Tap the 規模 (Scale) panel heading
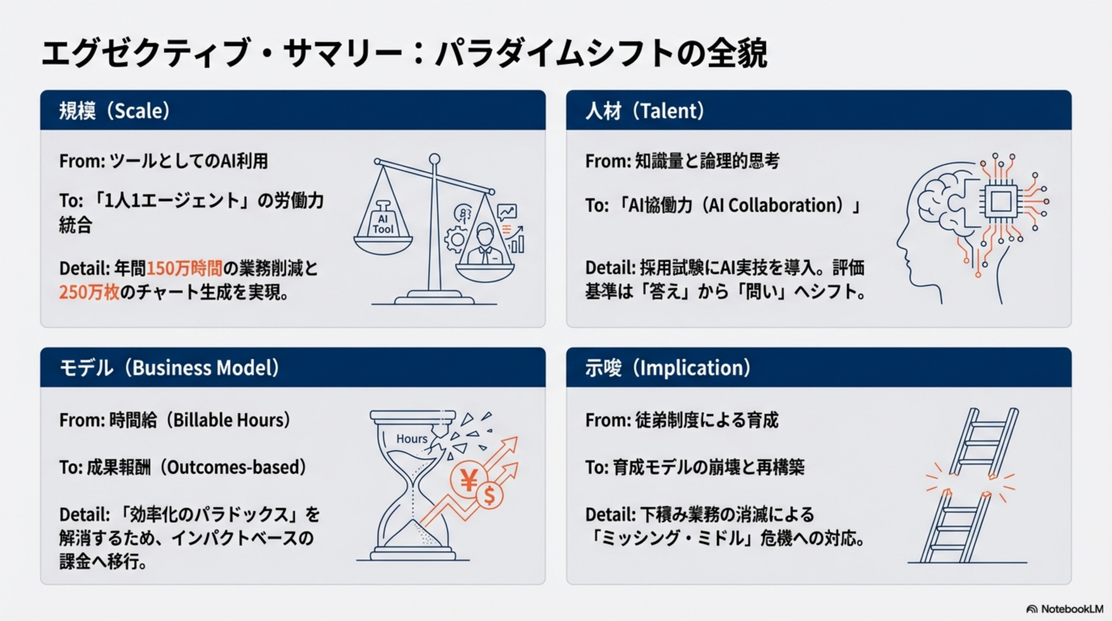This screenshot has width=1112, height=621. pos(115,111)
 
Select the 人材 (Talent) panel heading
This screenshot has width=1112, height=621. pos(645,111)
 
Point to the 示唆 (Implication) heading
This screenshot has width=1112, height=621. pos(668,368)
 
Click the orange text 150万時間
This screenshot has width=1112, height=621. pos(185,268)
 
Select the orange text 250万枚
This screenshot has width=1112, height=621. pos(89,293)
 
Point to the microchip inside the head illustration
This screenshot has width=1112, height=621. pos(1000,201)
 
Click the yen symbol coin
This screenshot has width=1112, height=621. pos(468,479)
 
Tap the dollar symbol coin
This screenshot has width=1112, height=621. pos(489,496)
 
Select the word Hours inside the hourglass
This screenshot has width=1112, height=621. pos(412,439)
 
